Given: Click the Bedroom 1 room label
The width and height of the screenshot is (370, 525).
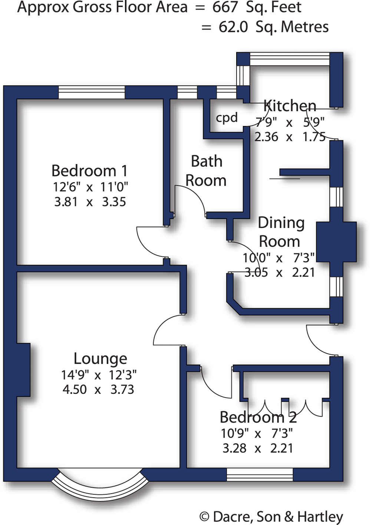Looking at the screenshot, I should (89, 171).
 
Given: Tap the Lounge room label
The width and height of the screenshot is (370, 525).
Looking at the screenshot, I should (100, 358).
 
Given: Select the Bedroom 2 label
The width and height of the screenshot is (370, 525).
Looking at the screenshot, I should (258, 417).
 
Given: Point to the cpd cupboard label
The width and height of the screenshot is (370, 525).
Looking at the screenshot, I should (227, 118).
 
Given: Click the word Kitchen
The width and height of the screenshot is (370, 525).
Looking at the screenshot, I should (290, 106).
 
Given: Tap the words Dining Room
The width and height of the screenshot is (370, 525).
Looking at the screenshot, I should (281, 232).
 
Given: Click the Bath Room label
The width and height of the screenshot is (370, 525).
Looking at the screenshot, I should (206, 171).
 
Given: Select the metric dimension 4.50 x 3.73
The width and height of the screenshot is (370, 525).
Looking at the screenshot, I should (98, 389).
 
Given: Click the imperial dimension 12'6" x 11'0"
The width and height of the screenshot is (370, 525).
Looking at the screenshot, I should (90, 187).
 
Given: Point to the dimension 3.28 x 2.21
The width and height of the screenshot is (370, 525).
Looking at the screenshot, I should (258, 448).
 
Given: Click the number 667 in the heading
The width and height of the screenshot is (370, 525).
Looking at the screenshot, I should (225, 7).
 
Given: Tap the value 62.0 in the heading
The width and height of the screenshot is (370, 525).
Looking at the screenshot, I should (233, 27).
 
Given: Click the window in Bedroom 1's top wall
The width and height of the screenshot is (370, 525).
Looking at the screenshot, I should (92, 92).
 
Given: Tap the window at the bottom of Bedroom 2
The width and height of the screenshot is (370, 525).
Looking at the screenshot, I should (260, 475).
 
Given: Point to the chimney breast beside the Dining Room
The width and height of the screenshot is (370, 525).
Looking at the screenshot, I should (336, 242).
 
